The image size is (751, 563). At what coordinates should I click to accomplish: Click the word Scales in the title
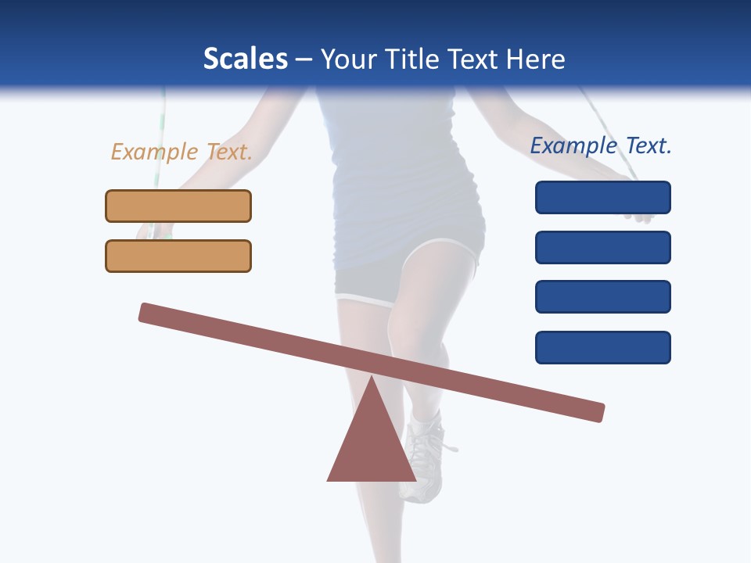coord(245,59)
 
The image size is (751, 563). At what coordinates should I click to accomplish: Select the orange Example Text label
coord(181,152)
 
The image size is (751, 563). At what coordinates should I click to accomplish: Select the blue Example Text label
coord(601,145)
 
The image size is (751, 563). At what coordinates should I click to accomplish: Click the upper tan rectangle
coord(178,206)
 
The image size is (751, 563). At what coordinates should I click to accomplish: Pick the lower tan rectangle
coord(178,256)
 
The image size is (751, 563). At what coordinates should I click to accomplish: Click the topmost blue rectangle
coord(602,197)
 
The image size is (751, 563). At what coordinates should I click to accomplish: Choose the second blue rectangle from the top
coord(602,247)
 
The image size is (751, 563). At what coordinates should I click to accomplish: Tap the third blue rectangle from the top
coord(602,297)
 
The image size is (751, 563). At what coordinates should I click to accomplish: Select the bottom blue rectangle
coord(602,347)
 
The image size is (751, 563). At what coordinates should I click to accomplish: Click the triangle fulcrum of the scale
coord(372,446)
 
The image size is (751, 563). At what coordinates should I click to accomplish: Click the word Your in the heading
coord(350,59)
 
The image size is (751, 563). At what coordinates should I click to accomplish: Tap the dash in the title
coord(304,60)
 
